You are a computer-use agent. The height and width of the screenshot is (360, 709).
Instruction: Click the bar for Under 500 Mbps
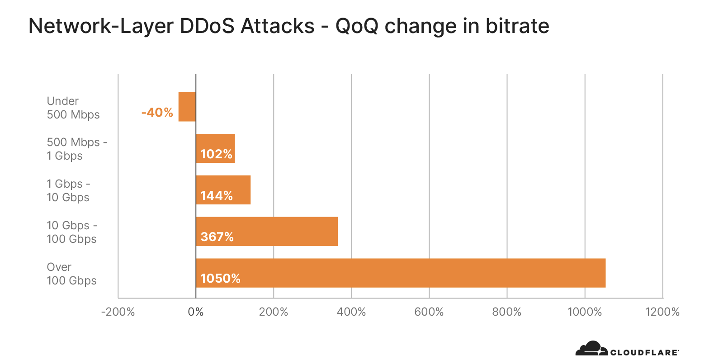click(187, 107)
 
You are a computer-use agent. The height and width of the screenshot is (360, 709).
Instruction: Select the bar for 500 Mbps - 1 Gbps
click(216, 148)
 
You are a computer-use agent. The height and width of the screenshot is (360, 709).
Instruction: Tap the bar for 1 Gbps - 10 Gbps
click(223, 190)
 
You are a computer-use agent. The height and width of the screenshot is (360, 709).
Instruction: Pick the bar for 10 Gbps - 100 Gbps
click(267, 232)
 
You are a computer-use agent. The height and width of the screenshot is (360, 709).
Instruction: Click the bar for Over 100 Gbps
click(401, 273)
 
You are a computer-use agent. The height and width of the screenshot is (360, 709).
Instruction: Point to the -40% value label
click(157, 113)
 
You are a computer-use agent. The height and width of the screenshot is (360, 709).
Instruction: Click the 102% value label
click(216, 154)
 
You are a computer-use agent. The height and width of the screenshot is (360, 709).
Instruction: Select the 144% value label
click(217, 196)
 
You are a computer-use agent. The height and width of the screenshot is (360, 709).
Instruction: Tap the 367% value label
click(217, 237)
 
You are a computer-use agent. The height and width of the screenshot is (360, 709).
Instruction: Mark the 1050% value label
click(220, 279)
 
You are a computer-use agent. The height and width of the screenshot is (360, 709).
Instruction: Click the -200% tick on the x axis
click(118, 312)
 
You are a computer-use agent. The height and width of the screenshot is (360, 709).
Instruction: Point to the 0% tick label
click(196, 312)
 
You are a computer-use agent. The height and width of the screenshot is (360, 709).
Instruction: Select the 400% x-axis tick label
click(351, 312)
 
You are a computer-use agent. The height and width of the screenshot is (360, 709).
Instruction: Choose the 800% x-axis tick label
click(507, 312)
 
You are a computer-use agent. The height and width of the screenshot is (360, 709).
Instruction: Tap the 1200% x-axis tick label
click(662, 312)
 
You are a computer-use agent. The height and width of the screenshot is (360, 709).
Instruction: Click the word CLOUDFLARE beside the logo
click(644, 352)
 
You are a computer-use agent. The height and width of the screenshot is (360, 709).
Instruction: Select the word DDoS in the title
click(207, 26)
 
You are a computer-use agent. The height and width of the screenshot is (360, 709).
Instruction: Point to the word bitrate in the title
click(517, 26)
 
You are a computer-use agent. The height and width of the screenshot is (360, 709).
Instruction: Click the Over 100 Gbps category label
click(71, 274)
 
